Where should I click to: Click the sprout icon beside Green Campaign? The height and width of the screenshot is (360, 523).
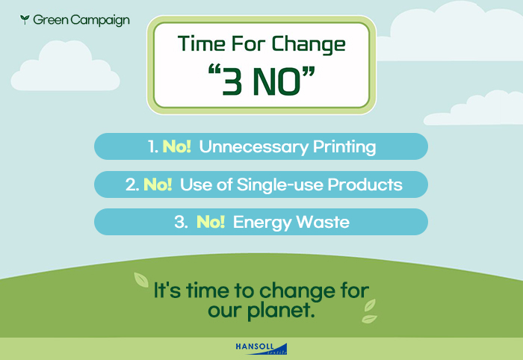(x=25, y=19)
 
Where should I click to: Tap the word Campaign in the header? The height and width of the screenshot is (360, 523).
(x=100, y=20)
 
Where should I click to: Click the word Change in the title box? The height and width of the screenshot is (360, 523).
(x=308, y=44)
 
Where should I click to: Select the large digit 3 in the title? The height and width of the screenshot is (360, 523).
(x=232, y=81)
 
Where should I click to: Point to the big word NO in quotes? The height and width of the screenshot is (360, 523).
(x=276, y=81)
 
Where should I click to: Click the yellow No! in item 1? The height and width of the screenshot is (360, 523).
(x=176, y=146)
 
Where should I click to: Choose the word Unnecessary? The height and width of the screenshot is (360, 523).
(x=253, y=147)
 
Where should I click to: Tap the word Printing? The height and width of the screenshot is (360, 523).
(x=344, y=147)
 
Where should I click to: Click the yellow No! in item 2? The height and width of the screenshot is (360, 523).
(x=158, y=184)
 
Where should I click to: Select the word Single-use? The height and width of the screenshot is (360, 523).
(x=279, y=185)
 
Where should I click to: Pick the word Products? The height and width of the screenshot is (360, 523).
(x=365, y=184)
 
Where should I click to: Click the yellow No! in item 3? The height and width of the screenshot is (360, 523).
(x=211, y=222)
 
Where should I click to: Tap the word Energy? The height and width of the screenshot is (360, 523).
(x=262, y=223)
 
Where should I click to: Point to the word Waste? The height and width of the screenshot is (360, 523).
(x=323, y=222)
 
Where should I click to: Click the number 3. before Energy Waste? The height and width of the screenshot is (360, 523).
(x=181, y=222)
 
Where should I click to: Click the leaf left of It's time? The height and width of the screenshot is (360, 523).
(x=141, y=279)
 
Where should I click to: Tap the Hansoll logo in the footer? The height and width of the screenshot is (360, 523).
(x=261, y=349)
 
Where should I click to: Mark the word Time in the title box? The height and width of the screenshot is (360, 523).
(x=201, y=43)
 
